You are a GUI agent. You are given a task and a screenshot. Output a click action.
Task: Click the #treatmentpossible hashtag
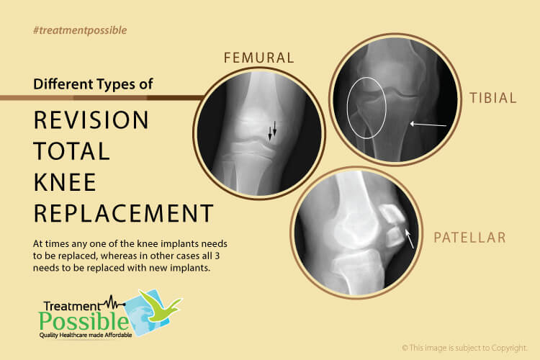point(80,30)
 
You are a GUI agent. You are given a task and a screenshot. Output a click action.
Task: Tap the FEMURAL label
point(259,58)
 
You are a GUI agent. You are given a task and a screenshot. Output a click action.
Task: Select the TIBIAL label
point(492,98)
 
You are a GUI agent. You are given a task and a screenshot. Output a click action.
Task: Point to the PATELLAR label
point(469,238)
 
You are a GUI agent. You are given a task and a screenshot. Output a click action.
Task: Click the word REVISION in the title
point(91,120)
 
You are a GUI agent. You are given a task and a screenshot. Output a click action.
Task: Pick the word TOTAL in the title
point(71,151)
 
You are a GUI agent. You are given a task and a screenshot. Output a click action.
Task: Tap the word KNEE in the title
point(65,182)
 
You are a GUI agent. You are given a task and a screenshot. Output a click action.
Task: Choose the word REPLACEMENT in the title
point(124,213)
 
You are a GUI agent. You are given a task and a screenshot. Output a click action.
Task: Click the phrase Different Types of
point(93,84)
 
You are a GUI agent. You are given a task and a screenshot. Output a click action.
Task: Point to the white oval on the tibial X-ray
point(347,107)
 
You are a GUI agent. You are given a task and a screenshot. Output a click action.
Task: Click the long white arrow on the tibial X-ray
point(428,125)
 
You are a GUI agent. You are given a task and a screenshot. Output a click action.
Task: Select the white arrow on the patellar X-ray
point(409,238)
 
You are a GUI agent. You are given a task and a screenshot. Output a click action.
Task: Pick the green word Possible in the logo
point(84,321)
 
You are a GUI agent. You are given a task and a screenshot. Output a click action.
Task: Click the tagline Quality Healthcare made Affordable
point(86,336)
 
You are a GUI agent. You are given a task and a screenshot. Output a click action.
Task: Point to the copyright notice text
point(464,348)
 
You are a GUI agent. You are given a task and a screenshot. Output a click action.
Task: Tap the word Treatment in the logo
point(71,306)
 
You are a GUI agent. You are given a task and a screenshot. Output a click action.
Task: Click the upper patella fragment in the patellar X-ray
point(392,214)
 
